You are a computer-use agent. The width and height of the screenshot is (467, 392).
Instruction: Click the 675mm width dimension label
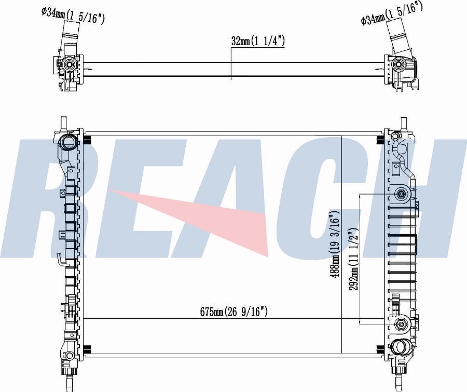pos(234,312)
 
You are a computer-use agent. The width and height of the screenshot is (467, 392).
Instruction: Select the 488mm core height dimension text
pos(335,244)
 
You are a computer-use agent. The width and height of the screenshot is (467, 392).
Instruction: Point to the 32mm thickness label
pos(258,41)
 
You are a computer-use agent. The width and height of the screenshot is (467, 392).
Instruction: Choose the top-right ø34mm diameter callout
pos(392,13)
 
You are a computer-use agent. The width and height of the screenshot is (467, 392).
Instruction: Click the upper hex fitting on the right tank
pos(401,194)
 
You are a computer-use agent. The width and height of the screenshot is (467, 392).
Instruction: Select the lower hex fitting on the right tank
pos(401,324)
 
